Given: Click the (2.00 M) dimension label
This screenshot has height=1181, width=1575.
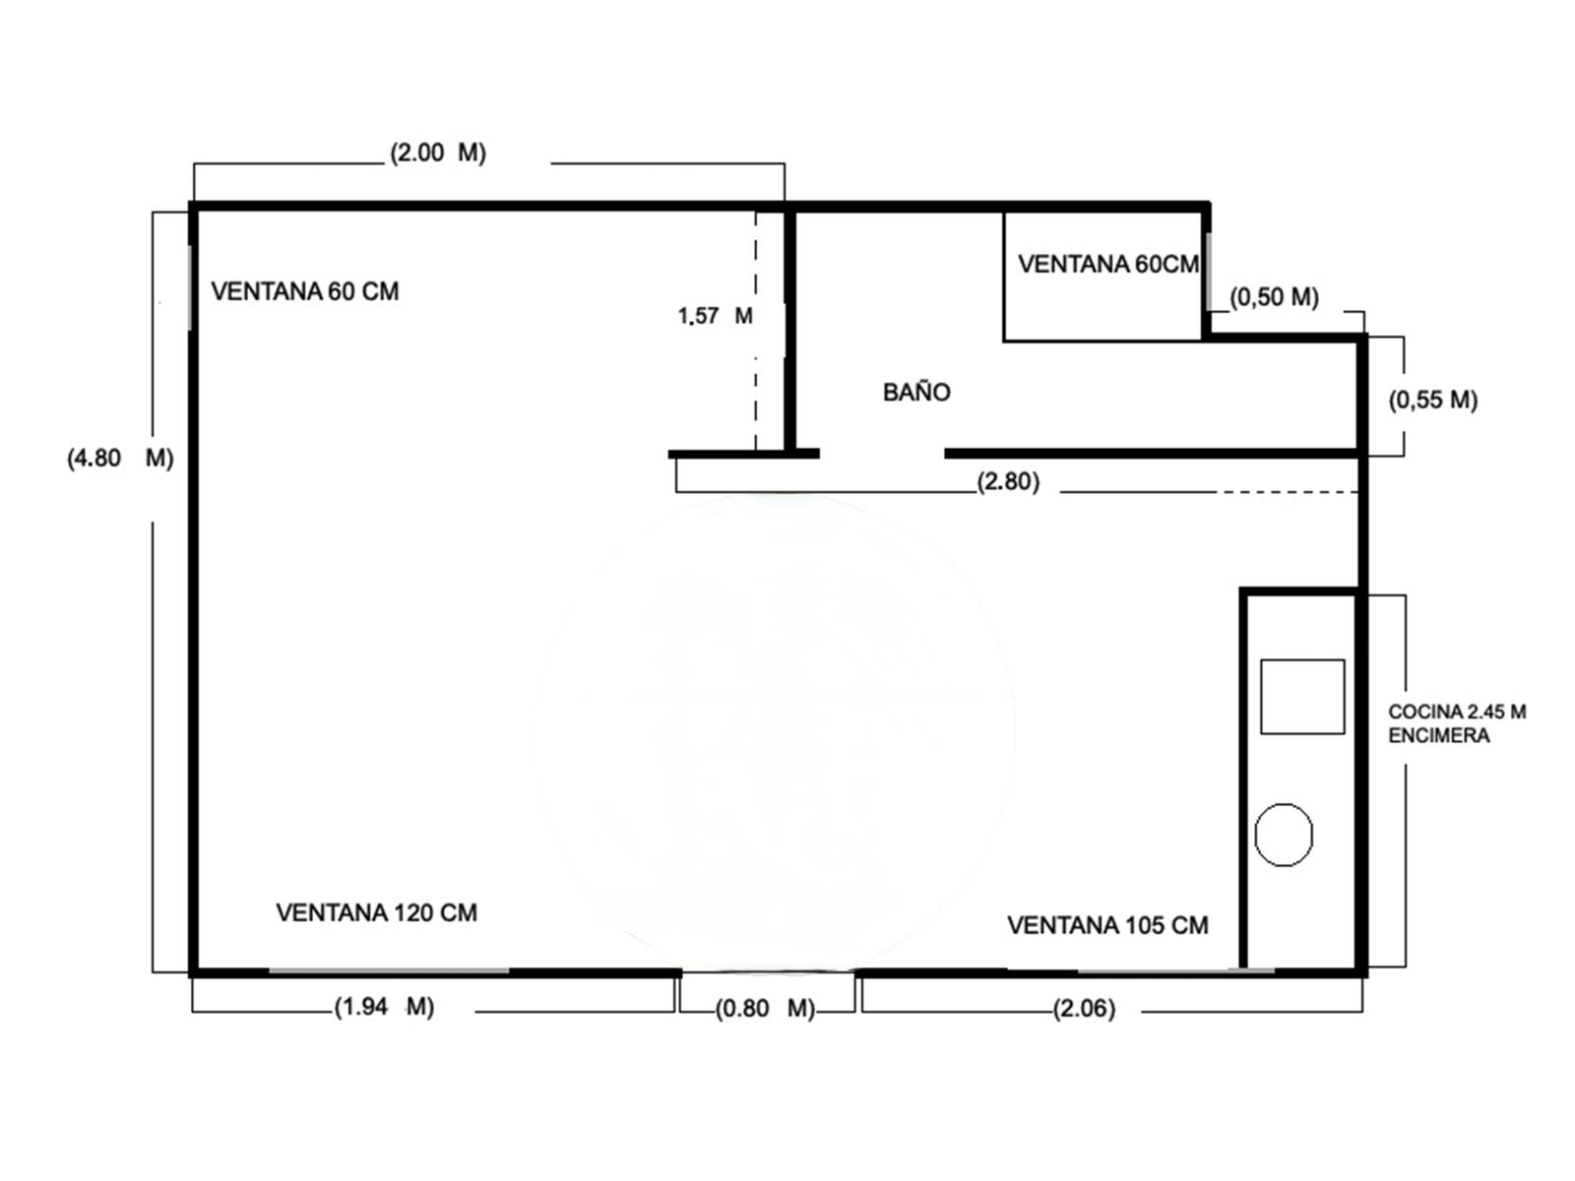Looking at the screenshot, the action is pos(438,153).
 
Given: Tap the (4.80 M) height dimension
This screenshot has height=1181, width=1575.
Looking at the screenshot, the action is pos(120,458).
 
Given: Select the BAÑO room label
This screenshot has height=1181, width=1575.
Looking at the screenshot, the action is pos(916,393).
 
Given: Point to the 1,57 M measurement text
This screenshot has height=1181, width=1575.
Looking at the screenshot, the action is pos(716,316).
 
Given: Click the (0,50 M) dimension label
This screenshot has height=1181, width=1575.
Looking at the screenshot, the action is pos(1275,297).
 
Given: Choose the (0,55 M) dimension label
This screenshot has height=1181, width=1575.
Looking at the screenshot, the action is pos(1433,400).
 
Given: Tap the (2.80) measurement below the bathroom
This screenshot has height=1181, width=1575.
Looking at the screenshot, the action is pos(1008,481).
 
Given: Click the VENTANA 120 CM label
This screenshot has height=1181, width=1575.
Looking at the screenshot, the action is pos(377,912).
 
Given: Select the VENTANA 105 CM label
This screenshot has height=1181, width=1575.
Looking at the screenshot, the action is pos(1107,925).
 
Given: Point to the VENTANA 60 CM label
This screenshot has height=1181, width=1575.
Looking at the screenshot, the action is pos(305,291).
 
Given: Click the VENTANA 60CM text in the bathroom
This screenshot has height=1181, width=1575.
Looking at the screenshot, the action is pos(1107,264).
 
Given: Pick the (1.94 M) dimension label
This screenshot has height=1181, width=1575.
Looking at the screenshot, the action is pos(385,1007).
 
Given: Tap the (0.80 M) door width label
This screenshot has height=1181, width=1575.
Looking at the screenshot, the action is pos(765,1008).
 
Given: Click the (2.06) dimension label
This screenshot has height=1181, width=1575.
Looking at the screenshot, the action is pos(1084,1008).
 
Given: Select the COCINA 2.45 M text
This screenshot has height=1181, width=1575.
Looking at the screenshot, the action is pos(1457,712).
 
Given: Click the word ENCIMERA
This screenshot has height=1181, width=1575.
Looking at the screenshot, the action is pos(1439,735).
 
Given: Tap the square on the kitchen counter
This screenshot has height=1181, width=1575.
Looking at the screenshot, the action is pos(1302,696).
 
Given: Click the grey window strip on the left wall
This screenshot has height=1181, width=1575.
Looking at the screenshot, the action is pos(190,287).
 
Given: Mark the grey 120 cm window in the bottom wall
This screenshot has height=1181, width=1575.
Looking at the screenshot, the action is pos(389,971).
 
